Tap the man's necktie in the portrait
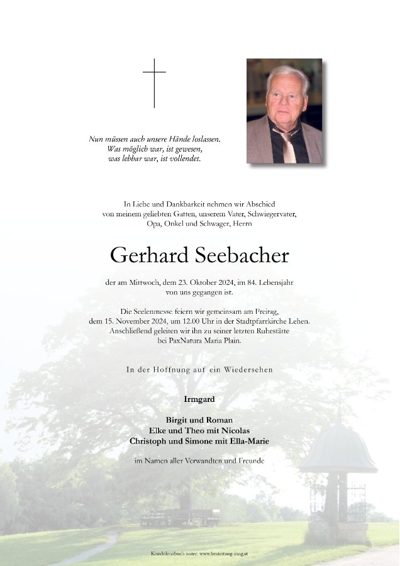287,146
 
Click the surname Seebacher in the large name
242,255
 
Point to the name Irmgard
199,399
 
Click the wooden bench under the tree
181,518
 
